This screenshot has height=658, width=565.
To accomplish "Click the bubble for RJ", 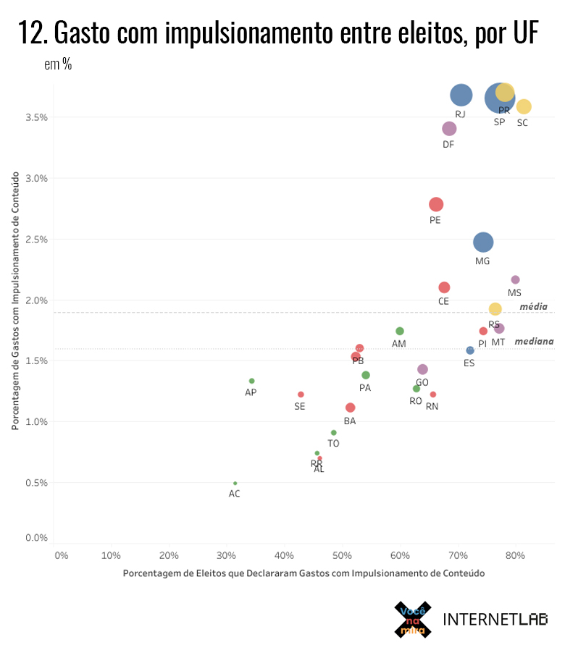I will [461, 95].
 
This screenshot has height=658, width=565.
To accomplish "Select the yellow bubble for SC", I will [524, 106].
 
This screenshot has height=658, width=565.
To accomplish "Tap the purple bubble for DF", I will [449, 129].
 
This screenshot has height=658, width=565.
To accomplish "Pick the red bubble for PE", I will [436, 205].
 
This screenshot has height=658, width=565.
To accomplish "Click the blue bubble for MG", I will [483, 242].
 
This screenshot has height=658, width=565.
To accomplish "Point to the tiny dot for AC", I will [235, 483].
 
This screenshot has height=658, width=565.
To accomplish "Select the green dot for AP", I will [251, 381].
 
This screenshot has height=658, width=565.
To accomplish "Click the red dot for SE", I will [301, 395].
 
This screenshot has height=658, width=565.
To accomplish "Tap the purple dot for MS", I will [515, 279].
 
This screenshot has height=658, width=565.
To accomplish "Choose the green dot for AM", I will [400, 331].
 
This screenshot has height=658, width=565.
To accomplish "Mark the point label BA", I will [350, 421].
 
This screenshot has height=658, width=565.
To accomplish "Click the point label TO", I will [333, 444].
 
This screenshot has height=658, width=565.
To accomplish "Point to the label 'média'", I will [534, 307].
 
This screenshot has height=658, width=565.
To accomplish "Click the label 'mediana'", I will [534, 342].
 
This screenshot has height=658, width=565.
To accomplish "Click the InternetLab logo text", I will [495, 619].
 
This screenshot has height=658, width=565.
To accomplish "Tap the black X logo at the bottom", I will [413, 620].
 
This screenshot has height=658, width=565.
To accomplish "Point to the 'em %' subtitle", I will [58, 64].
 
